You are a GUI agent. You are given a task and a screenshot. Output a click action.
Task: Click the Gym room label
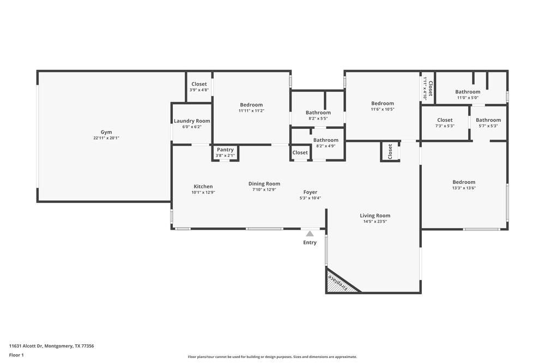click(x=106, y=132)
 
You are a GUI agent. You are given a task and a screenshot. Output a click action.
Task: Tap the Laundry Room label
click(x=192, y=121)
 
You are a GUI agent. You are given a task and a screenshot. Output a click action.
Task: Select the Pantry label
click(x=225, y=150)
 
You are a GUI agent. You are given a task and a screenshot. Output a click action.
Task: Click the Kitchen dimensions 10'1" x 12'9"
click(x=203, y=193)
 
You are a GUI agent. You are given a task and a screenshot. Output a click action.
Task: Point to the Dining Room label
click(x=264, y=184)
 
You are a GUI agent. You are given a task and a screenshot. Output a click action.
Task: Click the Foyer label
click(x=310, y=192)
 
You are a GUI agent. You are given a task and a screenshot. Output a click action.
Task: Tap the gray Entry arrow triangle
click(x=310, y=234)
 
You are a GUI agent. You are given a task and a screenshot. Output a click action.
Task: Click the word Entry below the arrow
click(x=310, y=242)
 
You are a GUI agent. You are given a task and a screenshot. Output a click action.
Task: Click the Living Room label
click(x=375, y=216)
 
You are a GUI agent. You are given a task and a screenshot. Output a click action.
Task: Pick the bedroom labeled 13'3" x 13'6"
click(x=464, y=185)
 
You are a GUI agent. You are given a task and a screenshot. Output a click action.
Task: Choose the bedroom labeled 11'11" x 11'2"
click(x=251, y=108)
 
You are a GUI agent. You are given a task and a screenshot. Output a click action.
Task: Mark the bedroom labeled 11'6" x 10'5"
click(x=383, y=106)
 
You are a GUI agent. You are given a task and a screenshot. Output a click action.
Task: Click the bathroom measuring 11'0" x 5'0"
click(x=468, y=94)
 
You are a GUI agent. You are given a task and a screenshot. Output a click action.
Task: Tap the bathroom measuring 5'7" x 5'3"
click(x=488, y=122)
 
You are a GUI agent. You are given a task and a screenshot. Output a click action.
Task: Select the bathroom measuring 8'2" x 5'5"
click(x=318, y=115)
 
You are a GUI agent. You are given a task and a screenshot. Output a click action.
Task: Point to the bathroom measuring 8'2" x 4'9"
click(x=326, y=142)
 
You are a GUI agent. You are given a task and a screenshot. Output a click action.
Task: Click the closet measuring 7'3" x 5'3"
click(x=445, y=122)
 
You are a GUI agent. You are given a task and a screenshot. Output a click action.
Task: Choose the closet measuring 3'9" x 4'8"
click(x=199, y=87)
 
